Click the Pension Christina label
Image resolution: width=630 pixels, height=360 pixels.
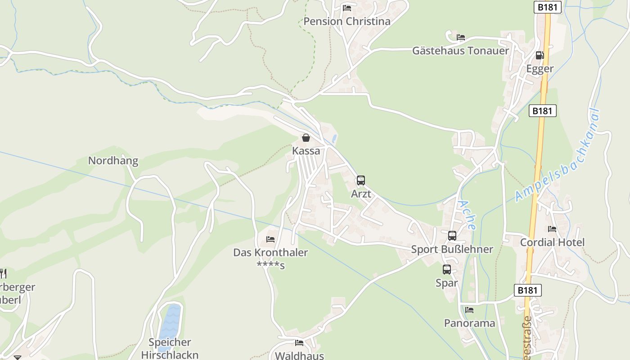click(346, 21)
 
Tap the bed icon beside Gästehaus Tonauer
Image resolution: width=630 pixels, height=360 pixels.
click(460, 37)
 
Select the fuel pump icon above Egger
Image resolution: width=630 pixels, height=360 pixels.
click(540, 55)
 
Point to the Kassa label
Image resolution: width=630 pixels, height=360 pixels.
click(306, 151)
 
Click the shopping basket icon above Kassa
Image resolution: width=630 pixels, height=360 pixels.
click(306, 138)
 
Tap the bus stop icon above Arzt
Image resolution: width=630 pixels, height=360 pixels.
click(361, 181)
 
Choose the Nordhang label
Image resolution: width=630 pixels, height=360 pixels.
click(113, 161)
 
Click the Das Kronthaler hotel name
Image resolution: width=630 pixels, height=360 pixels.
click(270, 252)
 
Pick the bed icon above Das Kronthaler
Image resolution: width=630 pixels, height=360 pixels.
click(270, 239)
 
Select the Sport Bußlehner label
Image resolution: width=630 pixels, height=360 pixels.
click(452, 249)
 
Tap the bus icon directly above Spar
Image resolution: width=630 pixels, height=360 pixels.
click(446, 270)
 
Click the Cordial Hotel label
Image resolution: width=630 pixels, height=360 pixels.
click(552, 243)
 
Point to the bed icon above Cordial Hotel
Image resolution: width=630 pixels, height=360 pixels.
click(552, 229)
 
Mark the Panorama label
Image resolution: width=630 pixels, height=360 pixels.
click(469, 323)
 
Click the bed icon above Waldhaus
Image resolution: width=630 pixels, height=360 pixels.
click(299, 343)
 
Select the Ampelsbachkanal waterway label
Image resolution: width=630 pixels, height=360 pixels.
click(558, 155)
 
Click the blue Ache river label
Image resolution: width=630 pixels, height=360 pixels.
click(466, 215)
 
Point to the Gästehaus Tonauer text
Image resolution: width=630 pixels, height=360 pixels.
click(460, 50)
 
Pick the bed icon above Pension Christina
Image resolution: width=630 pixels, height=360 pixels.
click(346, 8)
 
